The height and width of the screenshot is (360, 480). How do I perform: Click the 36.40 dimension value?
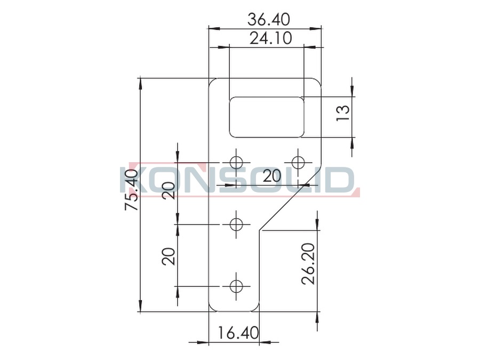[x=268, y=20]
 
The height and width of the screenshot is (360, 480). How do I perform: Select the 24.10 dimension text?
[x=270, y=38]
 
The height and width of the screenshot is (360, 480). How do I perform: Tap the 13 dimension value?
[x=343, y=113]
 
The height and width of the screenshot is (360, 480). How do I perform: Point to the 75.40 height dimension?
[x=132, y=190]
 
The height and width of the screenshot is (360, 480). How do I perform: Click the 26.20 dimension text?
[x=308, y=264]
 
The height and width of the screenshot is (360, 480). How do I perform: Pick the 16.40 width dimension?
[x=238, y=333]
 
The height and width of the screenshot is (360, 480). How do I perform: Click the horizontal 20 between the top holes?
[x=271, y=176]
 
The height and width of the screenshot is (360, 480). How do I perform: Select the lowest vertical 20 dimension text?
[x=169, y=256]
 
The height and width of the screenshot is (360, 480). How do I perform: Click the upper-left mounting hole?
[x=236, y=162]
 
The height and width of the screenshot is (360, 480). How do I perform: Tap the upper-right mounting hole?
[x=298, y=162]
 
